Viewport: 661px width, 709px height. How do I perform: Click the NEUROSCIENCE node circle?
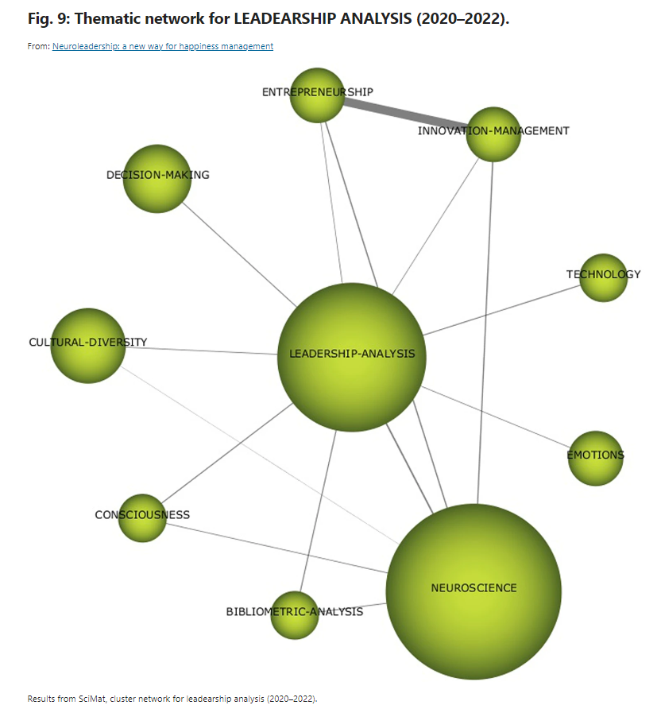(474, 591)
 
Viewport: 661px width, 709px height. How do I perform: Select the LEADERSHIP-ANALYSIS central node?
(351, 357)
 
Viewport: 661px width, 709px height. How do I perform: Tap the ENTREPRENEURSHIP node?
(317, 95)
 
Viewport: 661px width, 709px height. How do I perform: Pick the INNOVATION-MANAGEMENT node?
(493, 134)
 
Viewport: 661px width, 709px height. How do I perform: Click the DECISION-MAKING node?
(158, 179)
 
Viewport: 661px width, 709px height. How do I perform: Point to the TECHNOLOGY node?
(603, 277)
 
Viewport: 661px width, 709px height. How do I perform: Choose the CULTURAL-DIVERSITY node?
(88, 346)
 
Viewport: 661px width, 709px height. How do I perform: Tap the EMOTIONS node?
(595, 458)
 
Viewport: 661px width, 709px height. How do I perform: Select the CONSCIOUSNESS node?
(142, 517)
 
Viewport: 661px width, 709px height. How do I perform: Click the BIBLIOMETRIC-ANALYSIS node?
(295, 614)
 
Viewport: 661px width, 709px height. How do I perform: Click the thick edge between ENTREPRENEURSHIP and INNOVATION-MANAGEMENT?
(405, 110)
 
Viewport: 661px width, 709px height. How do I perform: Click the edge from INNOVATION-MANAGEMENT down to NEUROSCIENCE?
(485, 334)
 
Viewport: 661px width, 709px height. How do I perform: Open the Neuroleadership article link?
(163, 46)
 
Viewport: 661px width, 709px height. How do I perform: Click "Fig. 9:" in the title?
(47, 18)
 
